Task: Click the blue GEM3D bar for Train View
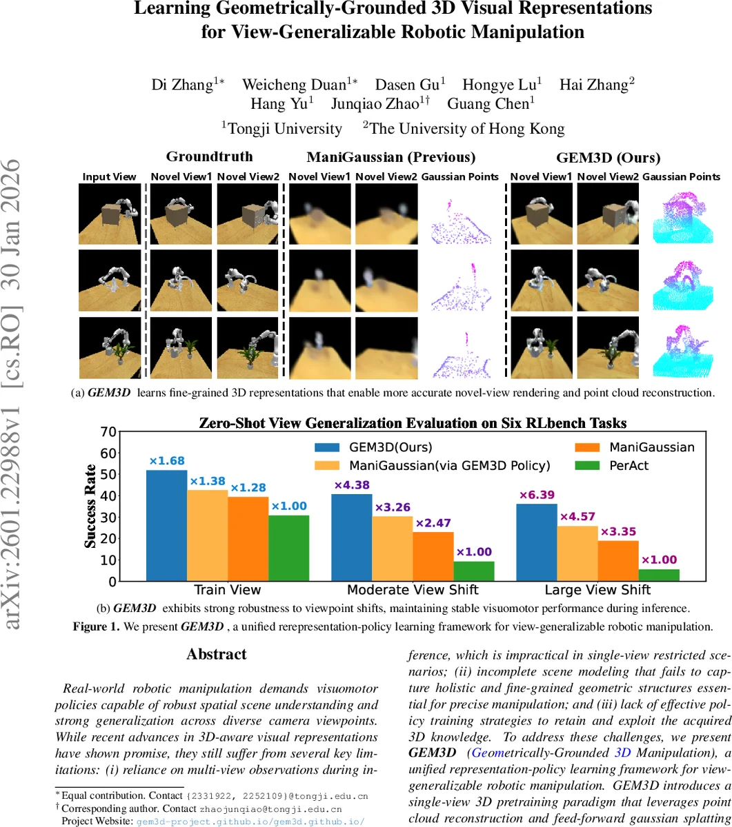tap(166, 525)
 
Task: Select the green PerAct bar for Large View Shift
tap(660, 575)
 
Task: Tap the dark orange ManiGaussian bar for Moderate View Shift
tap(433, 556)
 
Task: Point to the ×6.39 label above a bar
tap(537, 495)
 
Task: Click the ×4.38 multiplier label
tap(353, 485)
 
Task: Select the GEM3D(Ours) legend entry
tap(373, 447)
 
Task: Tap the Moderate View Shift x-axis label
tap(413, 590)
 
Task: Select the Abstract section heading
tap(216, 654)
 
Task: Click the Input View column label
tap(109, 176)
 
